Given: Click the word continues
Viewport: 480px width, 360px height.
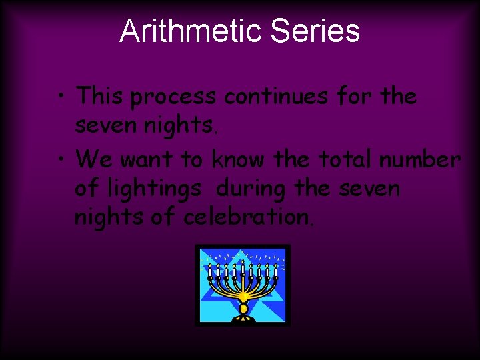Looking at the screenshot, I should pyautogui.click(x=275, y=97).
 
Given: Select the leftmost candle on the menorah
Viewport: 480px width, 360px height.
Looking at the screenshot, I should pyautogui.click(x=210, y=271).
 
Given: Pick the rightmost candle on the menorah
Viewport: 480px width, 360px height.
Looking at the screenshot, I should pyautogui.click(x=275, y=271).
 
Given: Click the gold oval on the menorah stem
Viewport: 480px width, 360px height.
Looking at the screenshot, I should pyautogui.click(x=243, y=309).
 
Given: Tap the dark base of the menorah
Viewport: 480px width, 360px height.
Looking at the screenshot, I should pyautogui.click(x=243, y=318).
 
